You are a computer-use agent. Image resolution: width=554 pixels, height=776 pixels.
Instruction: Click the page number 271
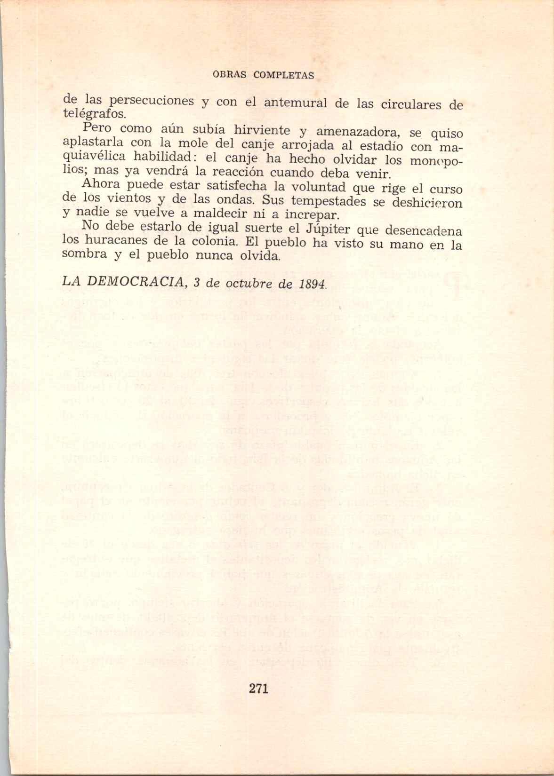pos(258,689)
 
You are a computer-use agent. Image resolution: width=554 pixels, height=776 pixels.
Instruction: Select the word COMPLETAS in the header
pos(283,75)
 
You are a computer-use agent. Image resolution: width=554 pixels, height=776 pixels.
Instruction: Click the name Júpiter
pos(325,230)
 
